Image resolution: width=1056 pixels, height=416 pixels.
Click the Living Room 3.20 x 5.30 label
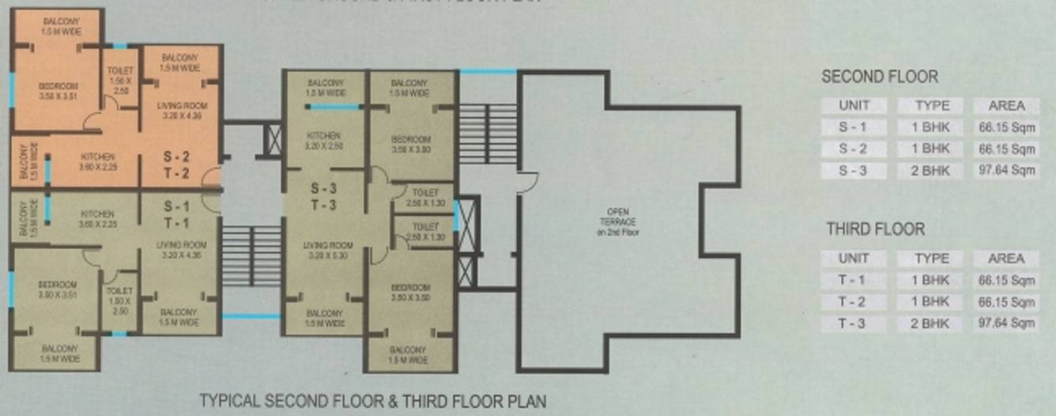point(327,251)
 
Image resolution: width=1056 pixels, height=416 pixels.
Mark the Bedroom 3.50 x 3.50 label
point(409,292)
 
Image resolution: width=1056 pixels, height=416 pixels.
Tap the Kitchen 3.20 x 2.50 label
point(322,142)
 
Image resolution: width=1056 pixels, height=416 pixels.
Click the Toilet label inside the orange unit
point(121,81)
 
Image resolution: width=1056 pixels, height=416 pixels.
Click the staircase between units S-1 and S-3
point(251,255)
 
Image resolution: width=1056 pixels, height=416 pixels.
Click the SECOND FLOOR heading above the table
point(879,77)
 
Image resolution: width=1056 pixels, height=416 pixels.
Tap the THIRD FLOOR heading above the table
point(875,229)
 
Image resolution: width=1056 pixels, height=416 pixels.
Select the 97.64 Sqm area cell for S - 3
point(1006,170)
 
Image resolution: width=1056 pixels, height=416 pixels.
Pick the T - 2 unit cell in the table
point(853,302)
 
